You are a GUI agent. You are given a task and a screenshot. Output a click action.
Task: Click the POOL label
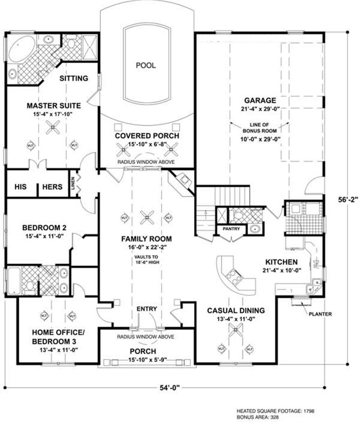pyautogui.click(x=146, y=65)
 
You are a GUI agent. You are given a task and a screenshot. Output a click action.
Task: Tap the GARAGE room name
pyautogui.click(x=260, y=100)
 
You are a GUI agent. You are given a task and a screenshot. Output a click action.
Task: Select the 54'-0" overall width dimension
pyautogui.click(x=170, y=388)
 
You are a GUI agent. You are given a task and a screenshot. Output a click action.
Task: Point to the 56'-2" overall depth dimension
pyautogui.click(x=348, y=200)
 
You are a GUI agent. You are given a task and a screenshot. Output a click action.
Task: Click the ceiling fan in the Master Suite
pyautogui.click(x=53, y=127)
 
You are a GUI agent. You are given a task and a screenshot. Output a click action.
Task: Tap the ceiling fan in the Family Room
pyautogui.click(x=147, y=217)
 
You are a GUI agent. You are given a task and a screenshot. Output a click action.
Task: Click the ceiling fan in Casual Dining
pyautogui.click(x=235, y=330)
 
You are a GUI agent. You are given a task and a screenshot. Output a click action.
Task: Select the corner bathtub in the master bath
pyautogui.click(x=22, y=49)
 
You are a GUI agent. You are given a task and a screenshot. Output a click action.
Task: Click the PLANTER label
pyautogui.click(x=320, y=314)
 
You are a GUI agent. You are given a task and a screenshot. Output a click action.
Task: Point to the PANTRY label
pyautogui.click(x=231, y=229)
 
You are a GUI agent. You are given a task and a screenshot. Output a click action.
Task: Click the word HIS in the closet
pyautogui.click(x=21, y=187)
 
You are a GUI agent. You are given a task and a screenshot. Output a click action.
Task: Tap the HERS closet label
pyautogui.click(x=52, y=187)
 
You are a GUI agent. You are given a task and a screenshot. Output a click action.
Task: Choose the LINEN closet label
pyautogui.click(x=73, y=183)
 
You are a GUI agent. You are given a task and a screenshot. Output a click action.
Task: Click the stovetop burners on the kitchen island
pyautogui.click(x=234, y=277)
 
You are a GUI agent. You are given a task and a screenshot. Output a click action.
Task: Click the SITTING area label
pyautogui.click(x=74, y=78)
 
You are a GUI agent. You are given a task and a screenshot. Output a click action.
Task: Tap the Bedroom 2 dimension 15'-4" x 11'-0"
pyautogui.click(x=45, y=236)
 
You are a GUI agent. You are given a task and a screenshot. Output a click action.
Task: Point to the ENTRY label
pyautogui.click(x=147, y=309)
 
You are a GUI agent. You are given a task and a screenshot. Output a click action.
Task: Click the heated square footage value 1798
pyautogui.click(x=309, y=411)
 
